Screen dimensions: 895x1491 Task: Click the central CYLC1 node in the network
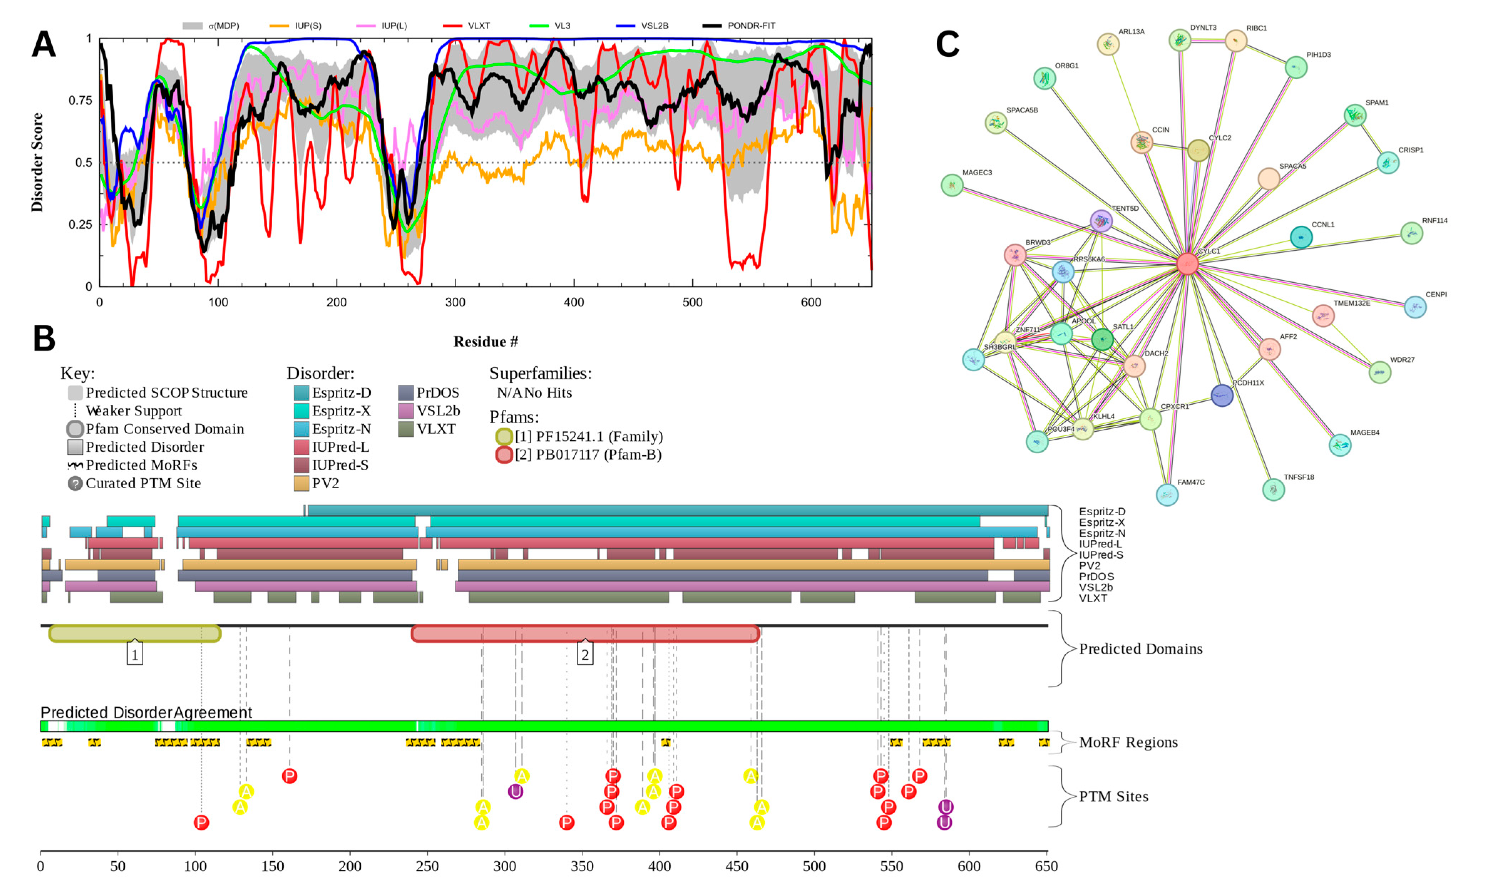(1187, 264)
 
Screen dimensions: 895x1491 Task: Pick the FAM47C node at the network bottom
(1167, 495)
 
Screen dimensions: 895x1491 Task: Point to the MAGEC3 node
(952, 185)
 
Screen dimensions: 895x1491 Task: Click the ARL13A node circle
(1107, 44)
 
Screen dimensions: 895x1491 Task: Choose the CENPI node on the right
(1415, 307)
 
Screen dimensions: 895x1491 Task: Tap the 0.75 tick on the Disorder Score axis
(81, 100)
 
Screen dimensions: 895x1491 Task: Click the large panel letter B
(44, 339)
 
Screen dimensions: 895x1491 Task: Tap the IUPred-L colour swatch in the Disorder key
(302, 447)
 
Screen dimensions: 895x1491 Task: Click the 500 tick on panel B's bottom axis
(814, 867)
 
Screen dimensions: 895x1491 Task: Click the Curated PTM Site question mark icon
(75, 483)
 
